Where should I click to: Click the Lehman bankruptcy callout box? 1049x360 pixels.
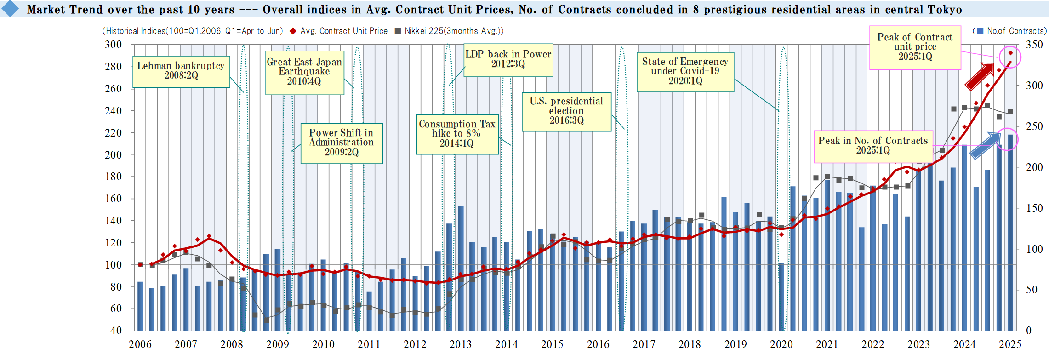[181, 71]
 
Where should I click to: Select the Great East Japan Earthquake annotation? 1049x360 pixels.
[304, 72]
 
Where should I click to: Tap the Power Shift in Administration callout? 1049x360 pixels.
[342, 143]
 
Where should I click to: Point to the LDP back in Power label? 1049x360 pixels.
[508, 60]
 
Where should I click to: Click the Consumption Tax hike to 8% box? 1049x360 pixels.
[457, 134]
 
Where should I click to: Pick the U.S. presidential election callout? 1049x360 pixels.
[566, 111]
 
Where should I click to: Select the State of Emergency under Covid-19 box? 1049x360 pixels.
[685, 72]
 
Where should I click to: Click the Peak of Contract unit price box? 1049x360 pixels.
[915, 47]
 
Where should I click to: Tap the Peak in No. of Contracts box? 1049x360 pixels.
[873, 146]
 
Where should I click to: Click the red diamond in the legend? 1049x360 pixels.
[292, 31]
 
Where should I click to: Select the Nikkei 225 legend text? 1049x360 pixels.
[454, 31]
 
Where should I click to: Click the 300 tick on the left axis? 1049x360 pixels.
[114, 45]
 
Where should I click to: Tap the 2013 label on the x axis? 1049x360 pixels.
[460, 344]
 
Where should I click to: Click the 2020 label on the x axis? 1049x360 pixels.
[781, 344]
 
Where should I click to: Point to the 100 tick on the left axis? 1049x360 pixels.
[114, 265]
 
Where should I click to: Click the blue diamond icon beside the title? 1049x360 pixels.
[10, 9]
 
